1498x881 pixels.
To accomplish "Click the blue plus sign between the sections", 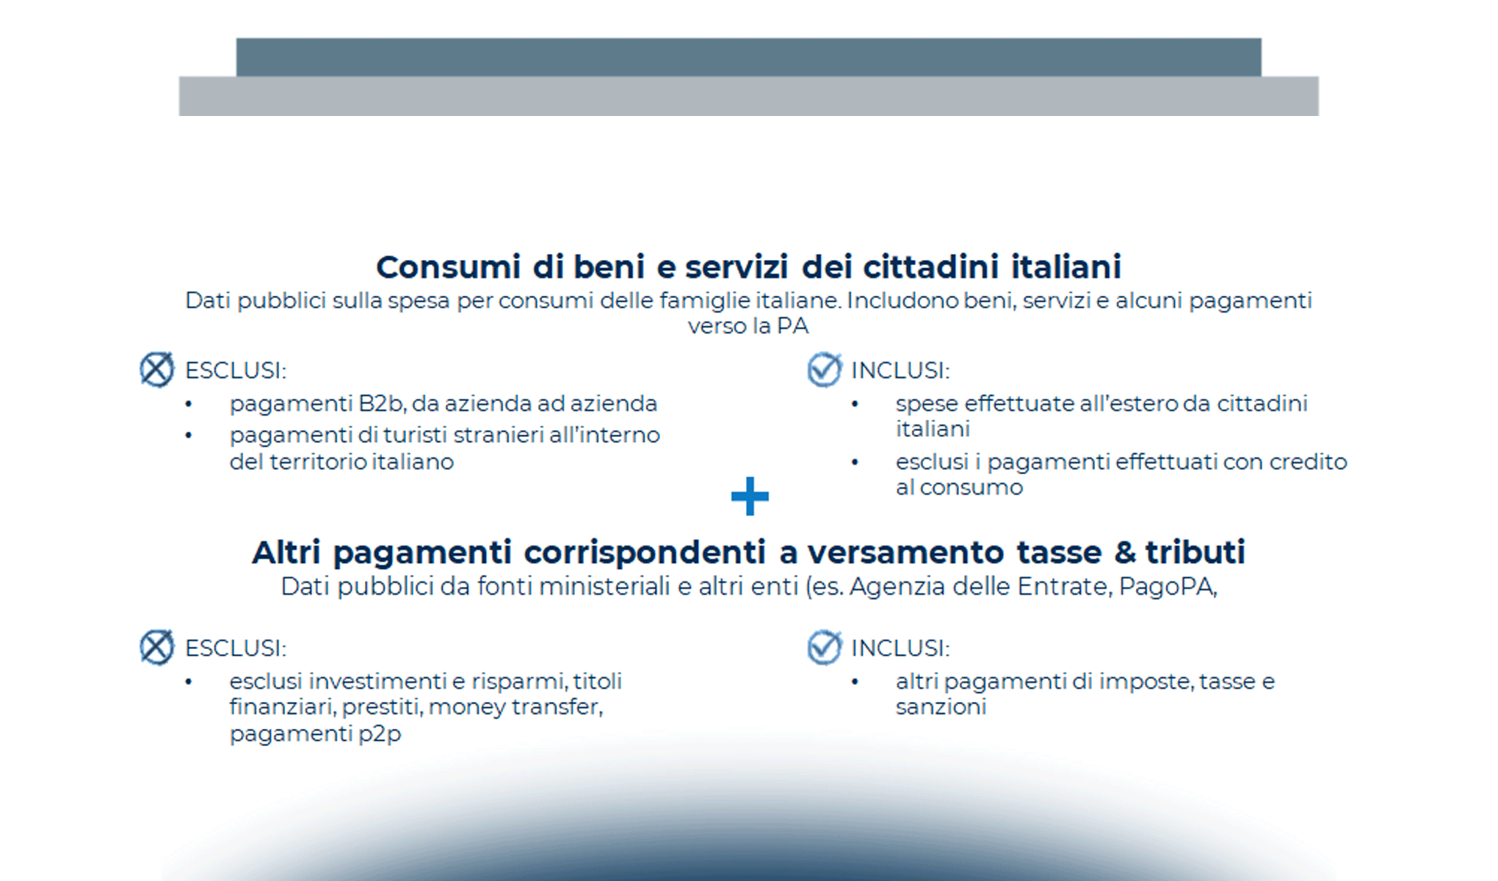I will [750, 497].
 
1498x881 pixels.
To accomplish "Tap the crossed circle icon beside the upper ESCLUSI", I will [156, 369].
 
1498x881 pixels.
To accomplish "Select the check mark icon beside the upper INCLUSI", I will [824, 369].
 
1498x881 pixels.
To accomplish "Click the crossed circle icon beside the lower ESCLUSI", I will [156, 648].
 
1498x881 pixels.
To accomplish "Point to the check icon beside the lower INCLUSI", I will [824, 648].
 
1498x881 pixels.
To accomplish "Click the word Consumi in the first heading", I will [449, 267].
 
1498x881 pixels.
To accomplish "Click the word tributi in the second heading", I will [1195, 553].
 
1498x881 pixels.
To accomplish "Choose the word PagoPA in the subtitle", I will [1167, 587].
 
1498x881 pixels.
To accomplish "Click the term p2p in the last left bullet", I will [380, 733].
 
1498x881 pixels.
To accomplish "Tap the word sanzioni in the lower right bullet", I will [941, 707].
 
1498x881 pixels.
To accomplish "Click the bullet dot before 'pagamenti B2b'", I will [189, 405].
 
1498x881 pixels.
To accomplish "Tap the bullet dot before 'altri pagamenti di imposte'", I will [855, 682].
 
